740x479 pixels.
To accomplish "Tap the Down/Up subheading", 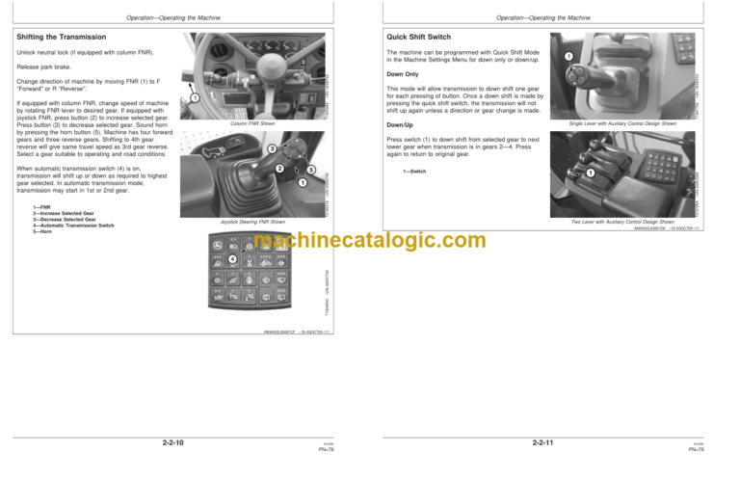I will (399, 124).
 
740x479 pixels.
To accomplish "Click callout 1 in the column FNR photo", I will (195, 97).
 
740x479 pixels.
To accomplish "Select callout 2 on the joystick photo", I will (278, 171).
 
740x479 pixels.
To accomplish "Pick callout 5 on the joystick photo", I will (311, 171).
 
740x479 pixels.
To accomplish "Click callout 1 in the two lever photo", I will (588, 172).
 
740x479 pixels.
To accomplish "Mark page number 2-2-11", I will (544, 441).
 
